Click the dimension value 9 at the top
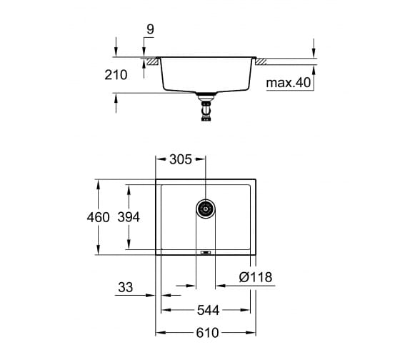(151, 29)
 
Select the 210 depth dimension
(116, 75)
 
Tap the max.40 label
(289, 82)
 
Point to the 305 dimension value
(181, 159)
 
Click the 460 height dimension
(99, 217)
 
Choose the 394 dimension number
(129, 217)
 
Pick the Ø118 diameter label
(256, 277)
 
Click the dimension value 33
(126, 287)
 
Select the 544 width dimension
(208, 310)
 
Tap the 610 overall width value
(207, 333)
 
